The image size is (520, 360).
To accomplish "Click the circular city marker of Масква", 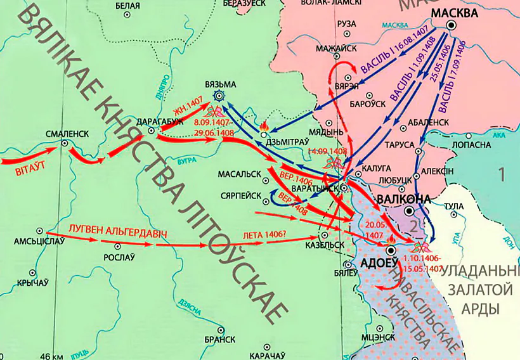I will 452,25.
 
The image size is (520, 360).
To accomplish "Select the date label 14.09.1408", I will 327,151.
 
